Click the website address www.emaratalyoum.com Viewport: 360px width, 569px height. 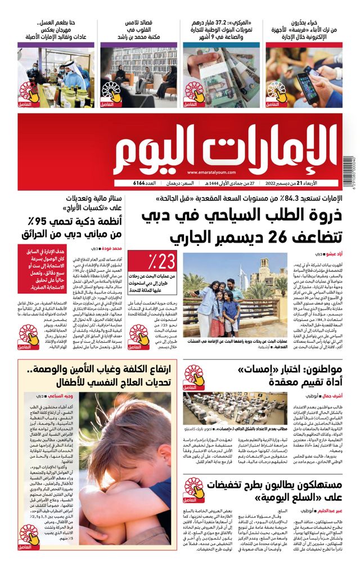click(x=211, y=173)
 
